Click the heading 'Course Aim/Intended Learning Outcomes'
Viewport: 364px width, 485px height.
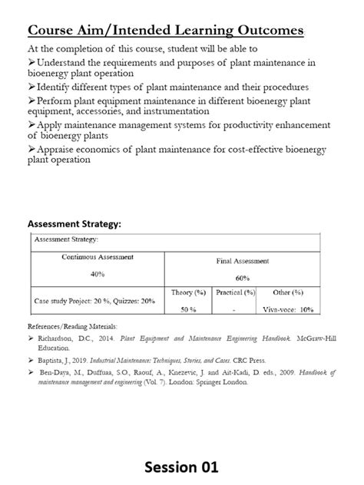(166, 30)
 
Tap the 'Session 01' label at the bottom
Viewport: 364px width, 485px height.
(182, 466)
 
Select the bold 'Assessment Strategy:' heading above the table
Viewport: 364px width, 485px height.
(74, 223)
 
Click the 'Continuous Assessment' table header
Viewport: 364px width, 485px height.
(98, 256)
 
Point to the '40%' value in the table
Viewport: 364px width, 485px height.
(98, 273)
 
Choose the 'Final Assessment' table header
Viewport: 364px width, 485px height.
(243, 261)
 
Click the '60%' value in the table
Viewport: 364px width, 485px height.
(243, 278)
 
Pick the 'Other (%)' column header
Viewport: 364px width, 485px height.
(288, 292)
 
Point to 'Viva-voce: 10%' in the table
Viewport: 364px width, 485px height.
(288, 309)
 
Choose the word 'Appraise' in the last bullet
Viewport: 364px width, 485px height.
(61, 150)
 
